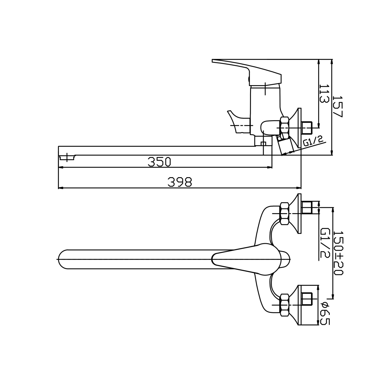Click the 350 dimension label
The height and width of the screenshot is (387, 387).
pos(159,162)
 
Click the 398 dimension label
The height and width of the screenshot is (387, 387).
pos(180,182)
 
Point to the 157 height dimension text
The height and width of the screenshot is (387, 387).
pos(338,107)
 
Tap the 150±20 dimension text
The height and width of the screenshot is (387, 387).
pos(338,253)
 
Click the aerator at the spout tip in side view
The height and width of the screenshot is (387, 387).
pos(68,158)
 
